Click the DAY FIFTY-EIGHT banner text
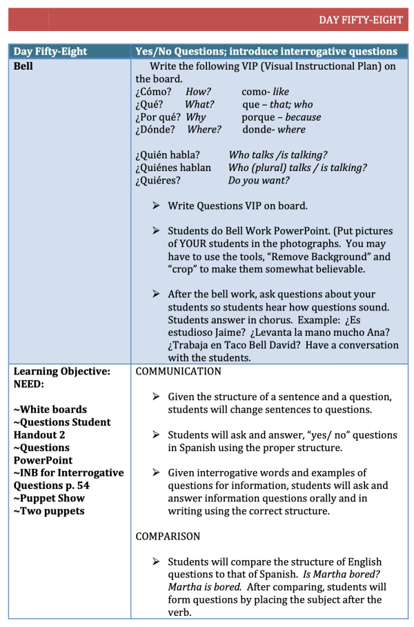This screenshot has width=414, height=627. [360, 19]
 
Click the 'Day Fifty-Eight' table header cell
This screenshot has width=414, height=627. [50, 52]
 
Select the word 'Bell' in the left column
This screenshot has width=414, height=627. [23, 67]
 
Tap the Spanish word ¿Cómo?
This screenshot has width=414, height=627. [152, 92]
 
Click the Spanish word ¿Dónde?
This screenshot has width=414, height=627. [155, 130]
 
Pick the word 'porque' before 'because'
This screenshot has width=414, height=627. [258, 117]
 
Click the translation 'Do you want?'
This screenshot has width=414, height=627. [259, 181]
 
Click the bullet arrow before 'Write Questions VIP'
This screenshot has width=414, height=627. [156, 206]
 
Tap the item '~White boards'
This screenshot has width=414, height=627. [50, 410]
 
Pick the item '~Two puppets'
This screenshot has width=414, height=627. [49, 511]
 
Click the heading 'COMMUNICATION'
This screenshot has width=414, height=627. [179, 372]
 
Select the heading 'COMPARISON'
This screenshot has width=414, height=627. [168, 536]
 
